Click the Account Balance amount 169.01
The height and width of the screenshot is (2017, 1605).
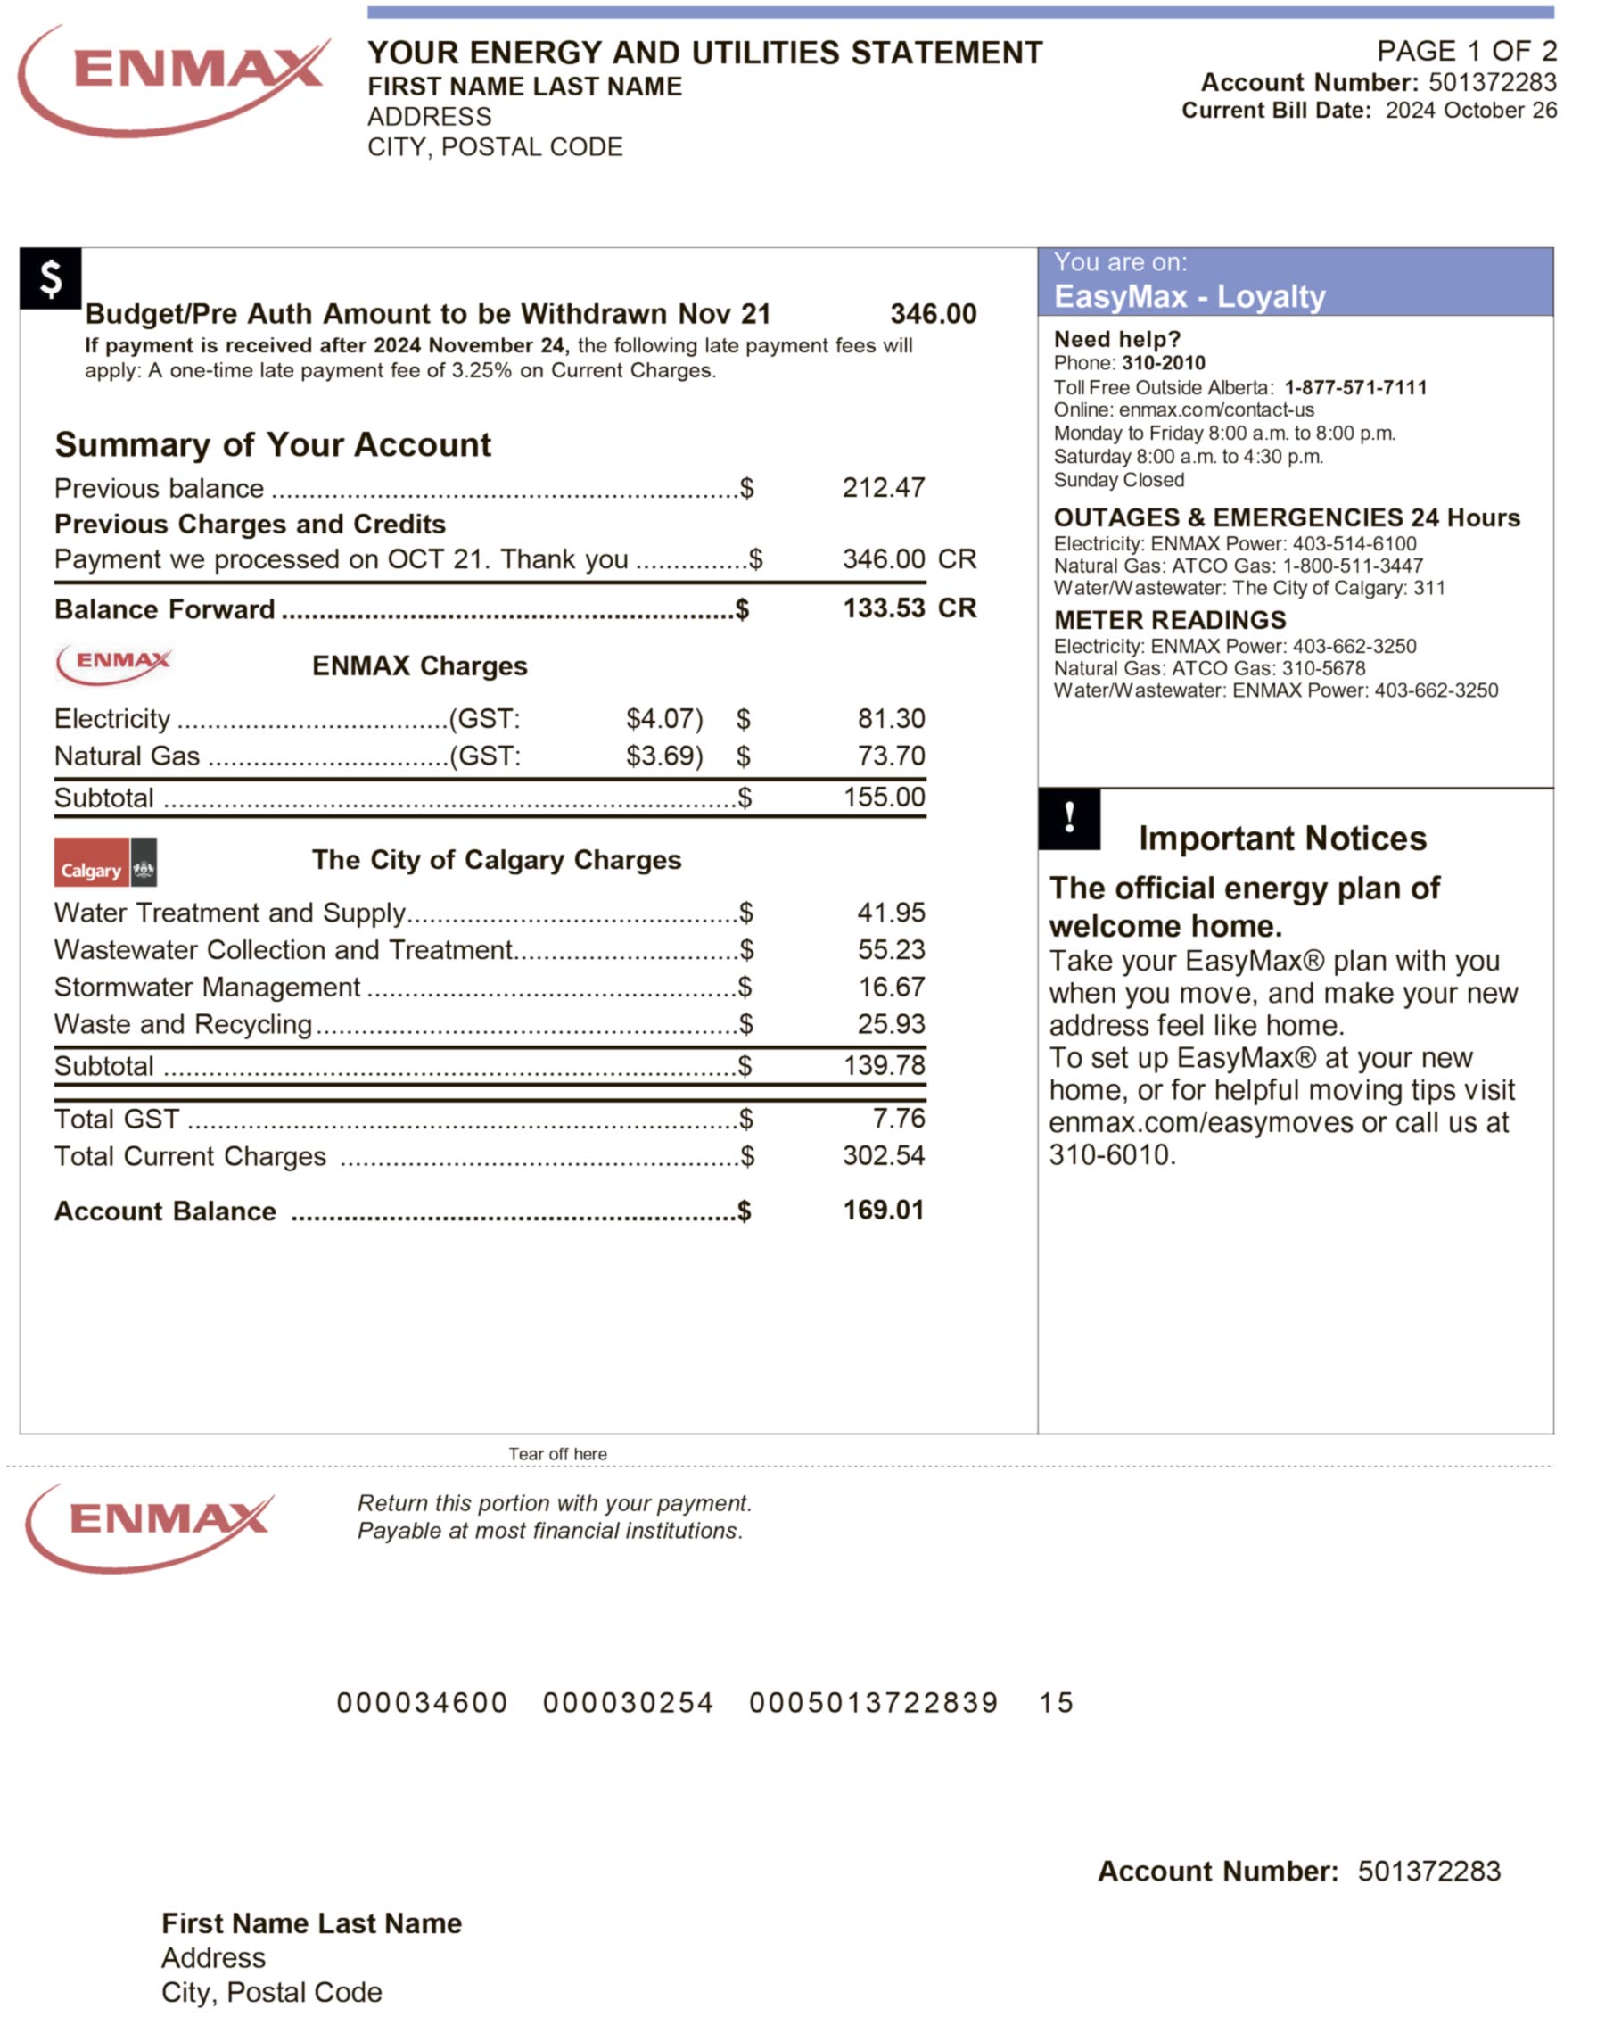882,1210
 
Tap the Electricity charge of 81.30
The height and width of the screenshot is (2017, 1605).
891,718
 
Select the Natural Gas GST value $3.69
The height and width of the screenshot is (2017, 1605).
663,756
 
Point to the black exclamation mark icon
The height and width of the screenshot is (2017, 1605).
1068,819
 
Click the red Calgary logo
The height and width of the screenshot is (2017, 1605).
92,862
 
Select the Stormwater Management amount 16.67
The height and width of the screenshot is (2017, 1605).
891,987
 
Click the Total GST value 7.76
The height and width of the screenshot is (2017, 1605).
898,1118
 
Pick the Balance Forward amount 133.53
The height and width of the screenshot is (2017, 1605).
884,608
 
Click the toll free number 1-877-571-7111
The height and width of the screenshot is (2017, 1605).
1354,387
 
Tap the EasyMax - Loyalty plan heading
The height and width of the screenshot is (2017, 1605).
1189,296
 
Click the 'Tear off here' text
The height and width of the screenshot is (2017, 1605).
557,1454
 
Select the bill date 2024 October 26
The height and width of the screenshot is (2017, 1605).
1469,111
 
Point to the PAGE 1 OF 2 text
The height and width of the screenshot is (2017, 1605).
1466,51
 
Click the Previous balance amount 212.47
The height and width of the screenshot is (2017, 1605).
883,487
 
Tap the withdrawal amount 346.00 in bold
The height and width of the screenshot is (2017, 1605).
933,313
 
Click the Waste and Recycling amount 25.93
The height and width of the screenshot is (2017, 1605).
891,1023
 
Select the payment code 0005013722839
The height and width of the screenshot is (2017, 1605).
873,1702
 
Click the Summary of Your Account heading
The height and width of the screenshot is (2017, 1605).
272,444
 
